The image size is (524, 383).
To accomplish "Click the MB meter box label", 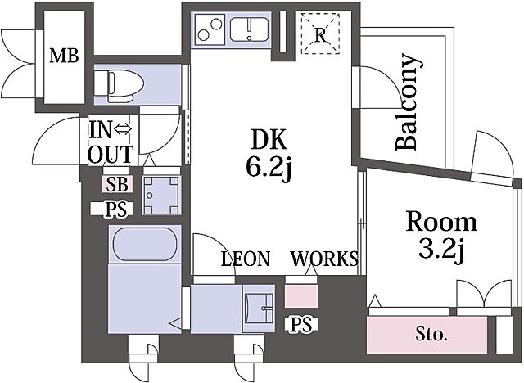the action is pyautogui.click(x=64, y=56).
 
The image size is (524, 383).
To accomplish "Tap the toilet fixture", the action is pyautogui.click(x=119, y=86).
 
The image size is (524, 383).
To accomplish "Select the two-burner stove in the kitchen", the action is pyautogui.click(x=210, y=29).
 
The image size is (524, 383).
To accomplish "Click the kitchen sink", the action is pyautogui.click(x=249, y=29).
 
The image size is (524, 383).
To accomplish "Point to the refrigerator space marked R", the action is pyautogui.click(x=320, y=34).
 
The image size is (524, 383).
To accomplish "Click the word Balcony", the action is pyautogui.click(x=407, y=101).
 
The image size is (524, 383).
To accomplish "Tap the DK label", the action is pyautogui.click(x=269, y=140).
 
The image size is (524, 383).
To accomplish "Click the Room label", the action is pyautogui.click(x=441, y=222).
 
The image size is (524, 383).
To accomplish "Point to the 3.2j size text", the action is pyautogui.click(x=441, y=250).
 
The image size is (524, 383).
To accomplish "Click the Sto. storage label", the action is pyautogui.click(x=431, y=334).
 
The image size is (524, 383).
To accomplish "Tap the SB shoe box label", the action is pyautogui.click(x=117, y=184).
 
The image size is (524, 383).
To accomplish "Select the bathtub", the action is pyautogui.click(x=145, y=244).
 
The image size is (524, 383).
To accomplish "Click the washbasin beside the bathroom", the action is pyautogui.click(x=260, y=309).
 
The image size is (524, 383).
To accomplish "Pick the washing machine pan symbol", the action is pyautogui.click(x=162, y=195).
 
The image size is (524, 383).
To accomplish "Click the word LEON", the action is pyautogui.click(x=246, y=259).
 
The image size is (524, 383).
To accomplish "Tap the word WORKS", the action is pyautogui.click(x=324, y=259).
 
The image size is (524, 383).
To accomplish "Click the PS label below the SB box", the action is pyautogui.click(x=116, y=210).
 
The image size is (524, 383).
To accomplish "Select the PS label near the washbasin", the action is pyautogui.click(x=301, y=325).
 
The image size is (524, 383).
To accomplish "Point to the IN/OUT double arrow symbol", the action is pyautogui.click(x=123, y=128).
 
